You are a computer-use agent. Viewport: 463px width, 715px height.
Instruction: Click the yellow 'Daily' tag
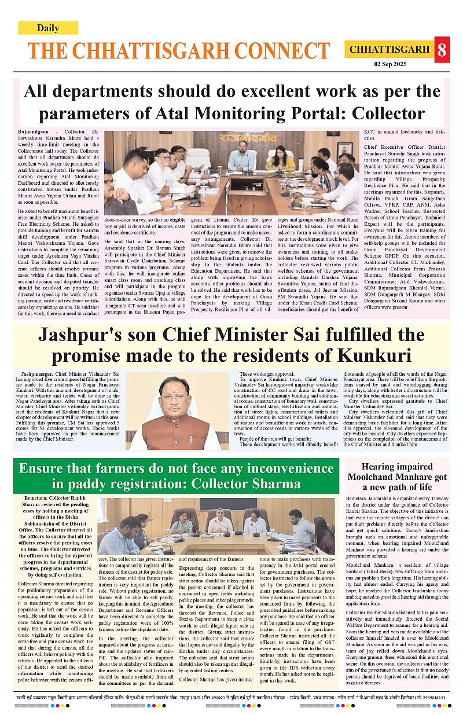pyautogui.click(x=47, y=28)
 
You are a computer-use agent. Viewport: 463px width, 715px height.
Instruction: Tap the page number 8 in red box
pyautogui.click(x=442, y=50)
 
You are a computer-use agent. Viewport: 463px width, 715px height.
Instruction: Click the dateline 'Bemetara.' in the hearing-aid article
pyautogui.click(x=357, y=498)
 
